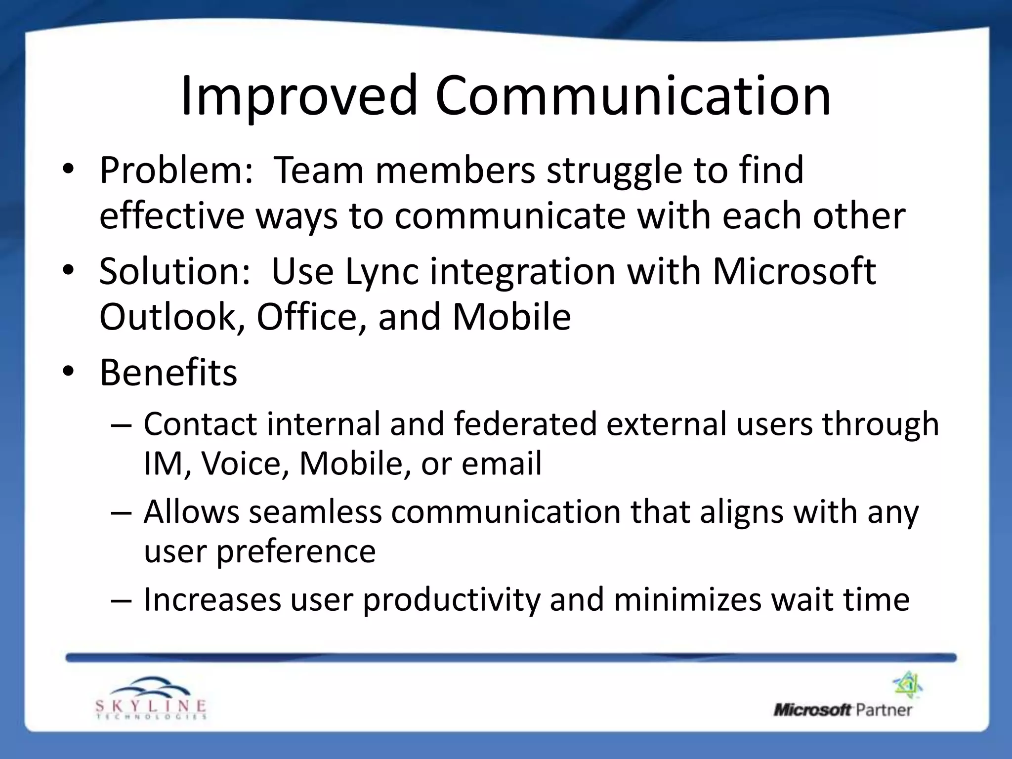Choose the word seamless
pos(315,512)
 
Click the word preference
pos(296,551)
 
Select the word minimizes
pos(687,600)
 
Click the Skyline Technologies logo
pos(151,698)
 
